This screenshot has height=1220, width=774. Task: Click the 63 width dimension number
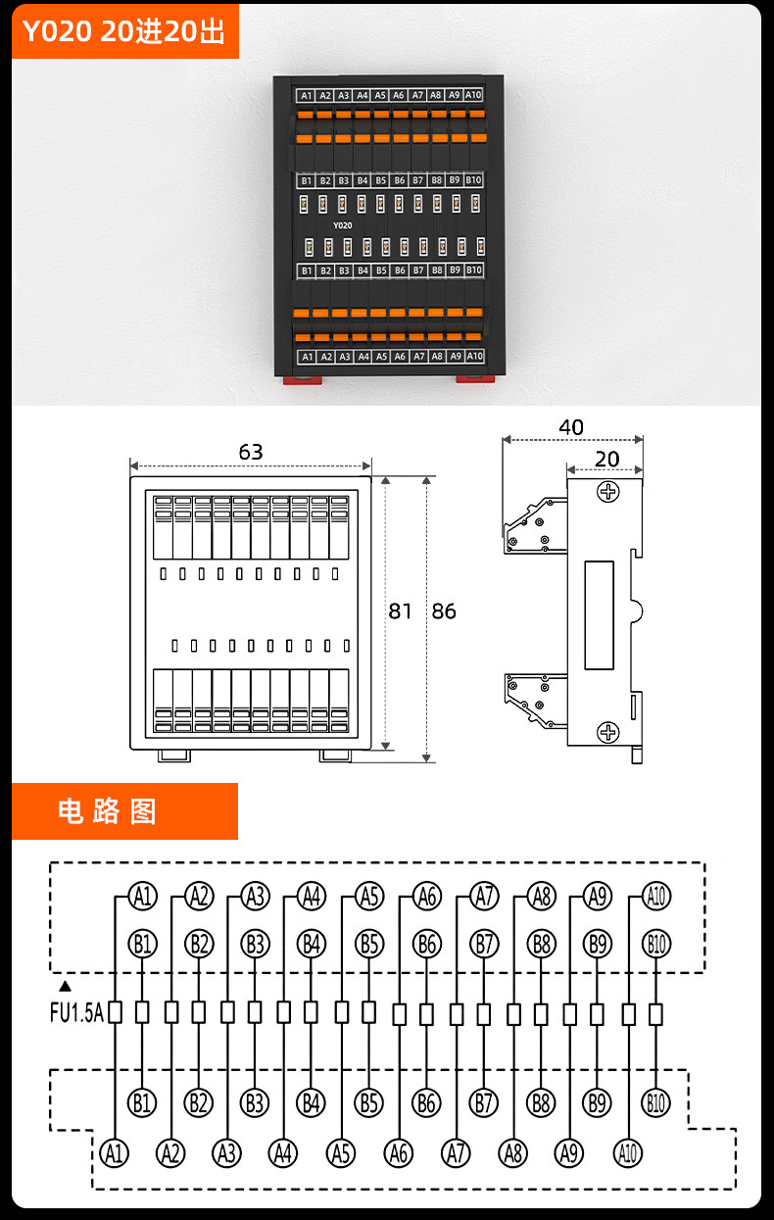click(251, 452)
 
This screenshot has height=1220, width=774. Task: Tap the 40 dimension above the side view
click(571, 427)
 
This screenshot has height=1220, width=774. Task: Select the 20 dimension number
click(606, 460)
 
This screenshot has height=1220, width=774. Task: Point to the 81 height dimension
click(400, 611)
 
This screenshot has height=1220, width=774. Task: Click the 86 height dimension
click(444, 611)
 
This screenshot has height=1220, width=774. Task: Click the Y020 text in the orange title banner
click(57, 31)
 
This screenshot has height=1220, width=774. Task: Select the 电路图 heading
click(108, 811)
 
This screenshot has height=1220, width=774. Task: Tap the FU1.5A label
click(76, 1012)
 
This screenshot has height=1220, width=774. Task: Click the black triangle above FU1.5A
click(65, 986)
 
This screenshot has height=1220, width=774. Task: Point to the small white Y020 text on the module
click(343, 225)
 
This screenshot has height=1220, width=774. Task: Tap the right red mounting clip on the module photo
click(475, 378)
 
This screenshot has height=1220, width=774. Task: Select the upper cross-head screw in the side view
click(607, 492)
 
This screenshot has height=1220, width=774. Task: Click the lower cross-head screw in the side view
click(607, 732)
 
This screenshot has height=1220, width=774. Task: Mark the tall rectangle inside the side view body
click(600, 615)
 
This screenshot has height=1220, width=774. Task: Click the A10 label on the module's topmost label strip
click(473, 95)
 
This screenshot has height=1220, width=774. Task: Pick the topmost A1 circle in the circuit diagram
click(143, 897)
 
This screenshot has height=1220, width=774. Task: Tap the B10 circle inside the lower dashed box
click(655, 1103)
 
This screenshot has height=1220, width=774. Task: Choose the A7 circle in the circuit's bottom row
click(456, 1153)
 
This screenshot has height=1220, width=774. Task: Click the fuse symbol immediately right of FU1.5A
click(115, 1012)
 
